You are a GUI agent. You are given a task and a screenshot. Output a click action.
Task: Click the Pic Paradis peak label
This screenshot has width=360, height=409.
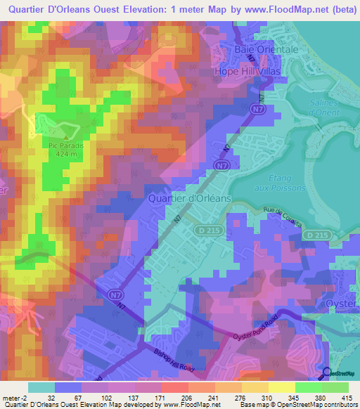tap(66, 145)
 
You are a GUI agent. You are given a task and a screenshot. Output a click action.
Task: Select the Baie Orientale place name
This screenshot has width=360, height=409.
tap(266, 51)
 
